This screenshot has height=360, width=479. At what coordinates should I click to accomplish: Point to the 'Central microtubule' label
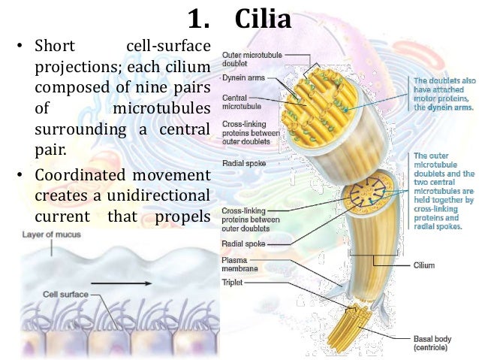239,101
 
